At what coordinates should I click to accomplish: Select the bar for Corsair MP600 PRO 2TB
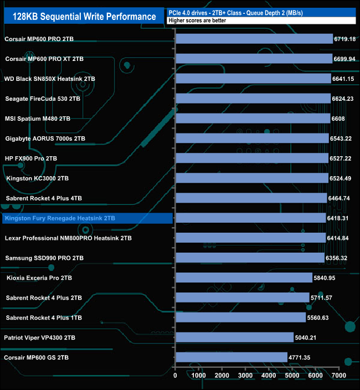click(x=254, y=39)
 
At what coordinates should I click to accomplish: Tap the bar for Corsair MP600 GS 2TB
click(x=231, y=357)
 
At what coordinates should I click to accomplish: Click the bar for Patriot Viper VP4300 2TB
click(x=234, y=337)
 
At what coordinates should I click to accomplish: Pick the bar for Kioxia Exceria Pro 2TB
click(x=243, y=278)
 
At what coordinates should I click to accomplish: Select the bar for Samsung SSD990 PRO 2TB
click(x=250, y=258)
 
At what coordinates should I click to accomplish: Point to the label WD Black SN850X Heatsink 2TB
click(x=49, y=79)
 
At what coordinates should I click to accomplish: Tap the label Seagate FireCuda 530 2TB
click(x=43, y=99)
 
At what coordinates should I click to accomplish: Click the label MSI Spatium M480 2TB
click(x=38, y=119)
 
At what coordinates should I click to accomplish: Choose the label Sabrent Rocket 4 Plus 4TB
click(x=43, y=198)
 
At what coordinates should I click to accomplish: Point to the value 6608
click(x=338, y=119)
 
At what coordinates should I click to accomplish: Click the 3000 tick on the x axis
click(x=245, y=376)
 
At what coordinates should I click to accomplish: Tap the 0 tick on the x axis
click(x=176, y=376)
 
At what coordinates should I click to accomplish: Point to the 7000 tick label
click(x=338, y=376)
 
